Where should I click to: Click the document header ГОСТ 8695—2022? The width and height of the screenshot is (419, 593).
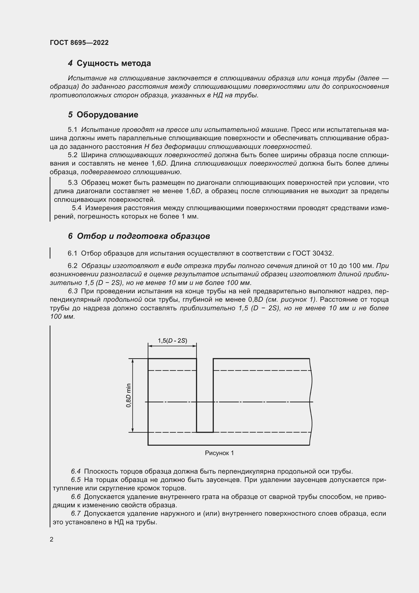79,43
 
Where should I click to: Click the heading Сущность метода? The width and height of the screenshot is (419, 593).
113,63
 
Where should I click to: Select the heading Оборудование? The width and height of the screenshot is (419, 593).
107,115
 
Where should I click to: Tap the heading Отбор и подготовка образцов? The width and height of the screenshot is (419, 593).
143,236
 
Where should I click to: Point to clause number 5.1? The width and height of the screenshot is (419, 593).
72,130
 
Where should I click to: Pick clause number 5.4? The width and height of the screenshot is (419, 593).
77,208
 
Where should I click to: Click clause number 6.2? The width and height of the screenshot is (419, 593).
72,266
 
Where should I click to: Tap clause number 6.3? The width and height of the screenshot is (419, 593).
73,291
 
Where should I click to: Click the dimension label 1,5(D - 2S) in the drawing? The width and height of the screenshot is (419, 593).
172,340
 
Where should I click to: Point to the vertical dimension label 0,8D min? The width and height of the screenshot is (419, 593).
128,396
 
